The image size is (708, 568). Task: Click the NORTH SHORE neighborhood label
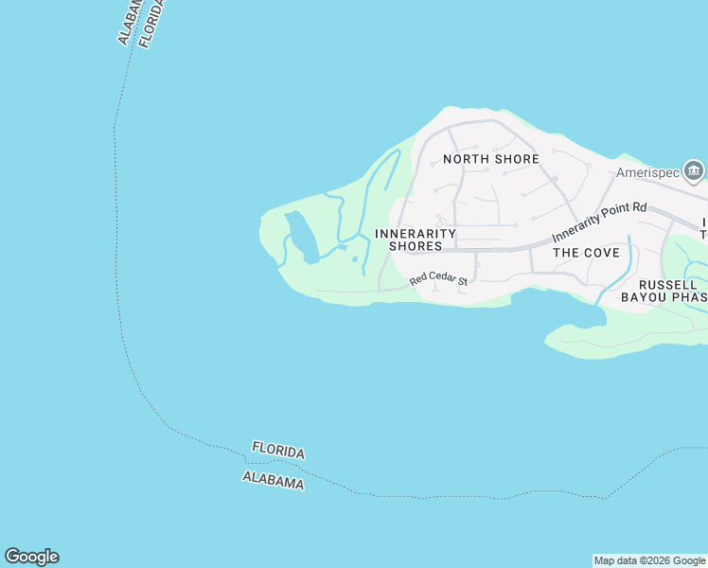click(x=491, y=159)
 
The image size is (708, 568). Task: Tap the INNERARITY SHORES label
click(x=416, y=240)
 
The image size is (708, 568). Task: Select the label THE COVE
click(x=586, y=253)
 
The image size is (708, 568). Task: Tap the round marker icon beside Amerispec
click(x=694, y=171)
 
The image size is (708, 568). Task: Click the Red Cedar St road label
click(x=439, y=280)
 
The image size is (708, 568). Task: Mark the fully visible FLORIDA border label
click(x=278, y=452)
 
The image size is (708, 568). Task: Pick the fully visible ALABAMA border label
click(x=274, y=480)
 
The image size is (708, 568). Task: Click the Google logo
click(x=31, y=557)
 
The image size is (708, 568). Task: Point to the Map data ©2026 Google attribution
click(x=650, y=560)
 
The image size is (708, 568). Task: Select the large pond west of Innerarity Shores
click(x=301, y=237)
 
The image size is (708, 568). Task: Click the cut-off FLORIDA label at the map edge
click(x=151, y=23)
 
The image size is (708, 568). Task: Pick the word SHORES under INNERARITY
click(x=416, y=246)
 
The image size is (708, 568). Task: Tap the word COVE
click(x=601, y=253)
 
